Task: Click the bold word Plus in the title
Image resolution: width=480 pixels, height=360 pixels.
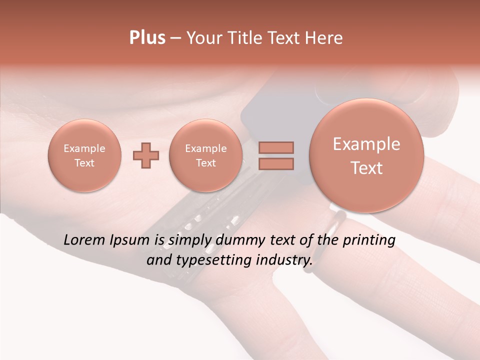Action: click(147, 38)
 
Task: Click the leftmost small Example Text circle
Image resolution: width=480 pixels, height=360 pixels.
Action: click(84, 155)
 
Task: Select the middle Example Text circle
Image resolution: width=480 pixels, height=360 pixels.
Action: click(206, 155)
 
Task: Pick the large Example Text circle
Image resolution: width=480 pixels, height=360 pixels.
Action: click(366, 155)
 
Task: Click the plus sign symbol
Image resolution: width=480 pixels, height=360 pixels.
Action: click(146, 155)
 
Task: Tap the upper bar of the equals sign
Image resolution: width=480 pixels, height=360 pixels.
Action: click(276, 147)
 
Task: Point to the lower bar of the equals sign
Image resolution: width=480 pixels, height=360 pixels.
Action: click(276, 163)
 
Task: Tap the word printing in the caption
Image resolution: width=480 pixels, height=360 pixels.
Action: click(368, 240)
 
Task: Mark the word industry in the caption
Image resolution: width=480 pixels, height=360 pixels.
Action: click(283, 260)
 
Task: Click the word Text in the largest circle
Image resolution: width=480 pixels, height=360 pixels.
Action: click(366, 168)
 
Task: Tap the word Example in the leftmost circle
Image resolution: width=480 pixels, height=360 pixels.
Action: click(84, 148)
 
